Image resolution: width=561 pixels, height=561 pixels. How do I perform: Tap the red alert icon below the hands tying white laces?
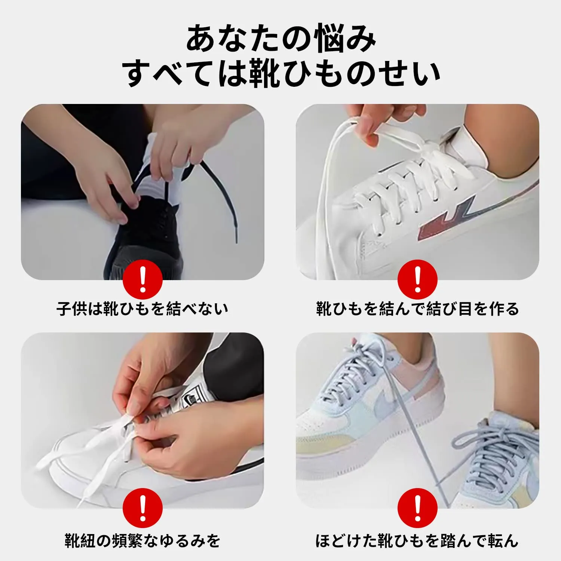(x=142, y=508)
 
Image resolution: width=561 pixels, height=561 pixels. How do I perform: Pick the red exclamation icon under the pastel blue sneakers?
(x=417, y=508)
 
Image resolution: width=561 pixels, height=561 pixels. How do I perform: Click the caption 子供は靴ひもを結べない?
(x=142, y=309)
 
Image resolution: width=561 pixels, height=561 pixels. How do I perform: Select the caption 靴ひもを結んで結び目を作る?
(x=417, y=309)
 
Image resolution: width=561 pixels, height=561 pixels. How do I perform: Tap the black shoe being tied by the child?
(x=146, y=239)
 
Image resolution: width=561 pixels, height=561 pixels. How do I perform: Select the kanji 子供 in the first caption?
(x=72, y=309)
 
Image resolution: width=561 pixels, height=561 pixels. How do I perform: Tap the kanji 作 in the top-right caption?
(x=495, y=309)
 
